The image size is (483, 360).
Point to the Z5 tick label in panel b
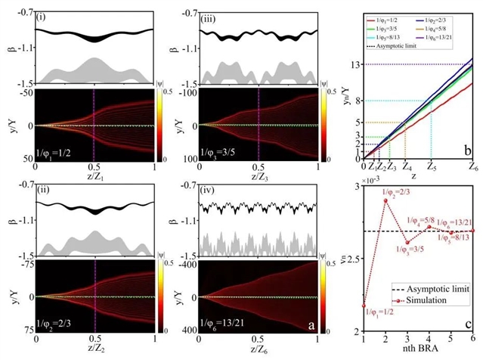pos(430,165)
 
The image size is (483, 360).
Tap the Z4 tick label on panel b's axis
pos(406,165)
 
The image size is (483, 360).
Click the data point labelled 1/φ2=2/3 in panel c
pos(385,200)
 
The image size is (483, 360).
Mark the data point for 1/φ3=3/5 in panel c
pos(407,243)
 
